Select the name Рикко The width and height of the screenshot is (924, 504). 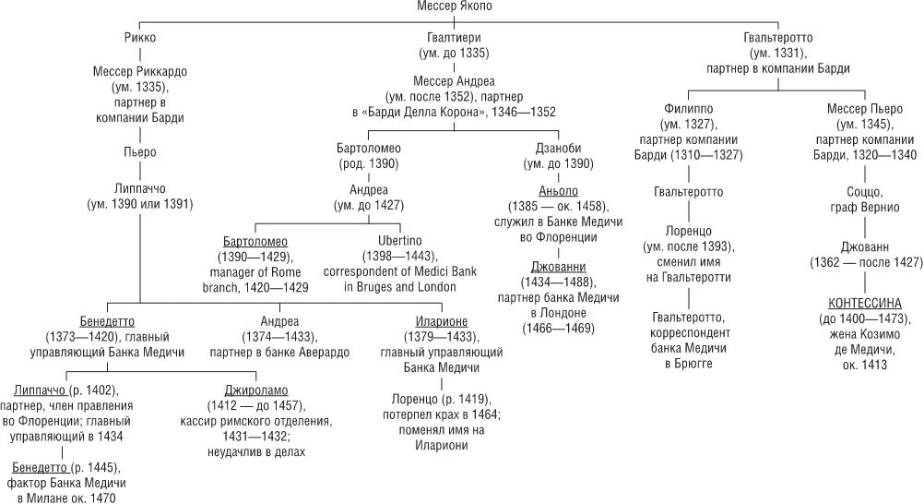pyautogui.click(x=138, y=39)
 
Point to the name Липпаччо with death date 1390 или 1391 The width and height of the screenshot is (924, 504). pyautogui.click(x=138, y=188)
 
